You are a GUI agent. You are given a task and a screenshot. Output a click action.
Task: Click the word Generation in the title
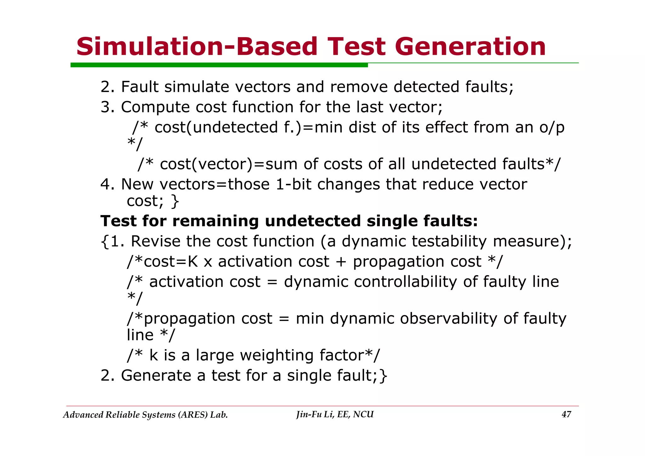pos(470,47)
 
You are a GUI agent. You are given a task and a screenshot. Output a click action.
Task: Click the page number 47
pos(566,414)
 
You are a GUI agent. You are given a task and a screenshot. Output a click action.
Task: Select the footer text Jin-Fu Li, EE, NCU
pos(335,414)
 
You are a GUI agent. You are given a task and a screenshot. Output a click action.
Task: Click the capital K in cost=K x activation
pos(193,262)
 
